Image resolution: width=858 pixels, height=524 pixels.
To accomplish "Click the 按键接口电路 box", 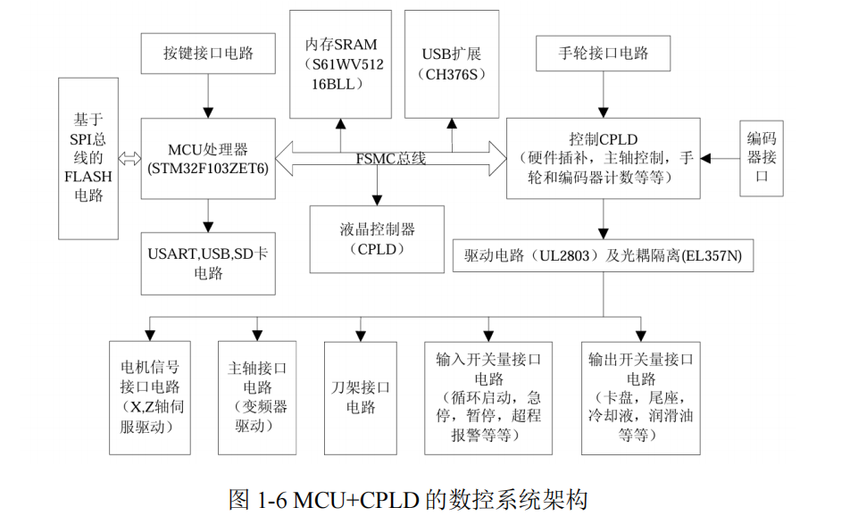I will (x=208, y=54).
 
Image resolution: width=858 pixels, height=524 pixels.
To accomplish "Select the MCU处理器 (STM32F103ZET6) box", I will (x=208, y=158).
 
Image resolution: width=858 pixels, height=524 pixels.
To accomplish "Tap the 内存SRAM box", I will (x=340, y=63).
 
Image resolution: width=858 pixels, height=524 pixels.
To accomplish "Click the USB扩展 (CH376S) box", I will (x=452, y=63).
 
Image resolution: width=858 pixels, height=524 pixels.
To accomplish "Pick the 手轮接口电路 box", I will (x=604, y=54).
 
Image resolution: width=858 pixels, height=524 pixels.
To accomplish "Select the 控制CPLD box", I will (x=604, y=158).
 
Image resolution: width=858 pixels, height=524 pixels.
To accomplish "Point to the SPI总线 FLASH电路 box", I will (x=88, y=158).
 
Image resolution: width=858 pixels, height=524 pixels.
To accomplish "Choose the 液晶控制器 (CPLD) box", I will (x=378, y=239).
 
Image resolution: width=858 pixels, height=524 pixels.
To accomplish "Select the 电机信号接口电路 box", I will (x=150, y=397).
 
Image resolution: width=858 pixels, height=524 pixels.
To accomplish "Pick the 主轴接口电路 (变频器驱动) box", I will (x=257, y=397).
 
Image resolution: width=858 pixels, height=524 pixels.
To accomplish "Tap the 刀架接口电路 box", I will (x=360, y=397).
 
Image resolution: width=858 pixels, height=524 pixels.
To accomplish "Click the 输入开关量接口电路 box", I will (x=488, y=397).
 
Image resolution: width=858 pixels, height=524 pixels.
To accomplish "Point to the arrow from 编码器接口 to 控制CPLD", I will (x=720, y=158).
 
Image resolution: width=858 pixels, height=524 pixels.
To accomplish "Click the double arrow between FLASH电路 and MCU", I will (x=130, y=158).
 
